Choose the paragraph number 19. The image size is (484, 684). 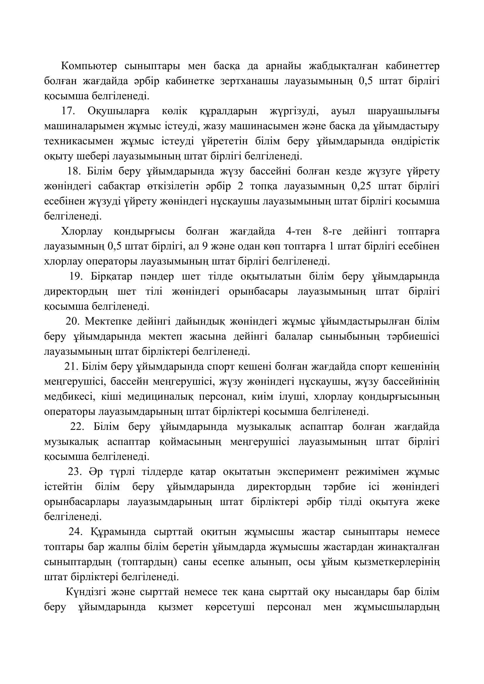76,276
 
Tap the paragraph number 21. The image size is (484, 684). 71,366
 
